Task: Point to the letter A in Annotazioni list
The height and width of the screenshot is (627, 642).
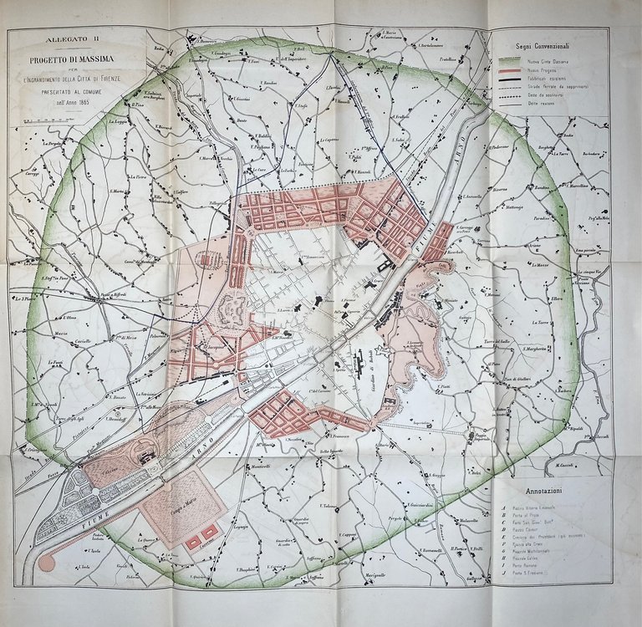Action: point(503,507)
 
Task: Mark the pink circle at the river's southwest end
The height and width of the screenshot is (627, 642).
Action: point(47,563)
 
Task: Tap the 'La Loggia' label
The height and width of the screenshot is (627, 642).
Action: point(117,120)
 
